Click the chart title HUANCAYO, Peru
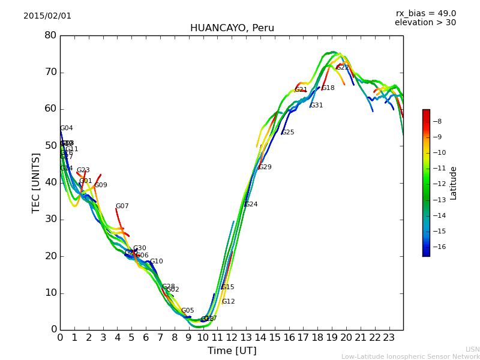pyautogui.click(x=232, y=28)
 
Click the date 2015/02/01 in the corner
pyautogui.click(x=47, y=16)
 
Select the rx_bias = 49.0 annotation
pyautogui.click(x=425, y=14)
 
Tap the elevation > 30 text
pyautogui.click(x=425, y=23)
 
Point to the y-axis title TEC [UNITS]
pyautogui.click(x=36, y=182)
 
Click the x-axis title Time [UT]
pyautogui.click(x=232, y=351)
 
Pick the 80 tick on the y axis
pyautogui.click(x=50, y=35)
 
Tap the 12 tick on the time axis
pyautogui.click(x=232, y=338)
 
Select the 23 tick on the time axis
pyautogui.click(x=389, y=338)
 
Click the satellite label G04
pyautogui.click(x=67, y=128)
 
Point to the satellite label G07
pyautogui.click(x=122, y=206)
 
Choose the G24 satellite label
pyautogui.click(x=251, y=205)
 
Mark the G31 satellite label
pyautogui.click(x=316, y=106)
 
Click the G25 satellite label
pyautogui.click(x=288, y=133)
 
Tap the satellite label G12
pyautogui.click(x=229, y=302)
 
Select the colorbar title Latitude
pyautogui.click(x=454, y=182)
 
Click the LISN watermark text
pyautogui.click(x=472, y=349)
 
